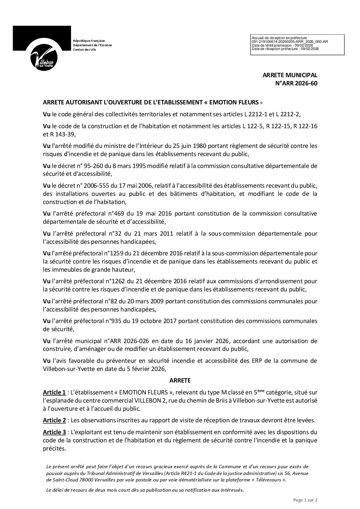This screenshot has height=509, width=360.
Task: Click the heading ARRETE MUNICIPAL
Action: pos(290,75)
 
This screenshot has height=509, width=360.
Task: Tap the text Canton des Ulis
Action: pos(85,50)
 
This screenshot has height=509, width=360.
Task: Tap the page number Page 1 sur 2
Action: pos(305,500)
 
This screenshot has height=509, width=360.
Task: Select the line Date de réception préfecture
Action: pos(285,49)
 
